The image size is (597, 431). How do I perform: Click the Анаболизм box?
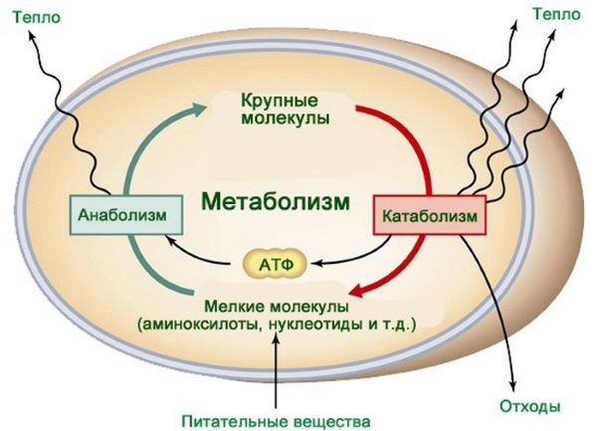tap(126, 215)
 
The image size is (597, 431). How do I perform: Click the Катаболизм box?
tap(430, 215)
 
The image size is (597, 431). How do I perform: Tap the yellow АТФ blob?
tap(275, 264)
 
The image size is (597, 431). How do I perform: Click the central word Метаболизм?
tap(275, 201)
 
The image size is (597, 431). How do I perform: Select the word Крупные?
tap(280, 102)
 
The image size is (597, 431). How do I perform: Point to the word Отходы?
tap(529, 406)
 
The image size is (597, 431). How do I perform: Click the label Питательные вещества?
tap(276, 422)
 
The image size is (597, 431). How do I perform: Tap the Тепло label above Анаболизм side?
tap(37, 18)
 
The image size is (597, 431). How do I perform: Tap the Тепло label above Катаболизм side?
tap(556, 15)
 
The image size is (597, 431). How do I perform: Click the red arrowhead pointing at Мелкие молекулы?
tap(359, 292)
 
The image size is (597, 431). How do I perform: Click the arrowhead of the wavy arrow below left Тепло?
tap(32, 37)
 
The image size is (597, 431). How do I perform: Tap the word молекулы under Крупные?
tap(285, 118)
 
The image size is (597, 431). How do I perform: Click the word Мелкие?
tap(234, 306)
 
